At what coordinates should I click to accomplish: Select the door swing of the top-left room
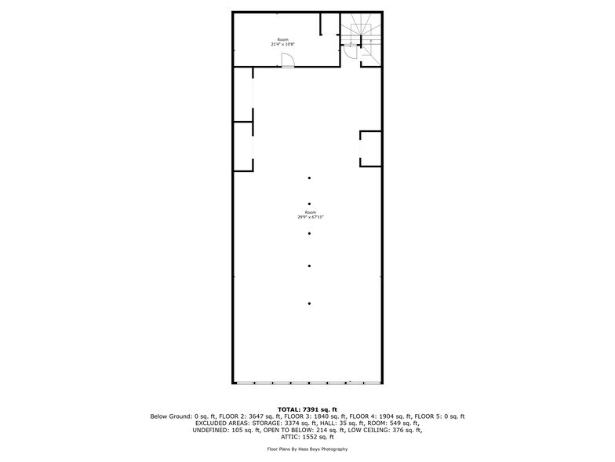click(288, 60)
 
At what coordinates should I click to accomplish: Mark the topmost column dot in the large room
click(310, 178)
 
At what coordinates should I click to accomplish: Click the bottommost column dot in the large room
click(310, 303)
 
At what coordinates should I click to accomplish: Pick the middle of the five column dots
click(310, 233)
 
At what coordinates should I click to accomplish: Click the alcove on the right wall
click(370, 148)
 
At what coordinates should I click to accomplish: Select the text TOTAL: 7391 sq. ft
click(307, 409)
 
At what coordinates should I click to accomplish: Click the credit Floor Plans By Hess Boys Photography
click(307, 449)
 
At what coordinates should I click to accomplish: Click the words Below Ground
click(167, 416)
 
